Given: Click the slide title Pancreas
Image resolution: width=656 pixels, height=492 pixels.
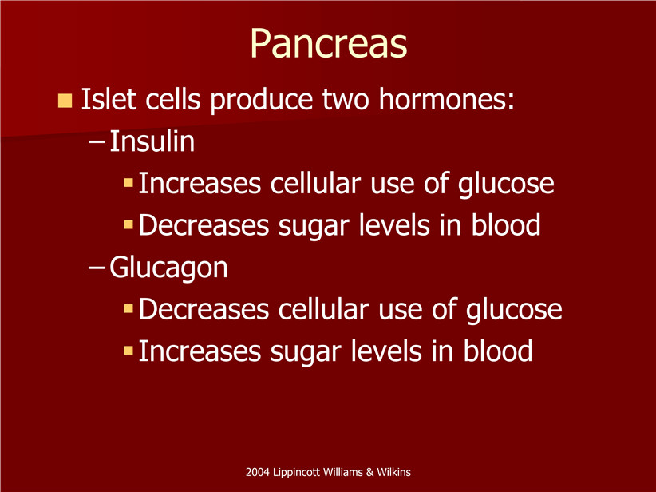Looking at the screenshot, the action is [329, 44].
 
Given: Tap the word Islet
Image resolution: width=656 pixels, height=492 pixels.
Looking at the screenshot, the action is [109, 99].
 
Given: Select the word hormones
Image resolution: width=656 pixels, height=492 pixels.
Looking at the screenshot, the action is [446, 99].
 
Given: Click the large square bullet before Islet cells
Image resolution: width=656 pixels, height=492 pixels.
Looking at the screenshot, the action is [65, 101].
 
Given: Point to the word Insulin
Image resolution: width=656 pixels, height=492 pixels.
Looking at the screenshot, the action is [152, 141].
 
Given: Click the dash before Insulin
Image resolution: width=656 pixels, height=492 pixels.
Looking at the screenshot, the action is [97, 142].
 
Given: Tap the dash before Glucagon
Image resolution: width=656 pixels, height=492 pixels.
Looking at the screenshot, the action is [97, 268].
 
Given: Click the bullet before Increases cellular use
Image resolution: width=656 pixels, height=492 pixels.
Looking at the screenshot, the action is [128, 183].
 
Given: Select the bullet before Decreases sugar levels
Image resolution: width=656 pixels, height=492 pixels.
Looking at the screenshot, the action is [128, 225].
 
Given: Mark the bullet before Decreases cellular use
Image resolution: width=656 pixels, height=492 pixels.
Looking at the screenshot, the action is [128, 308].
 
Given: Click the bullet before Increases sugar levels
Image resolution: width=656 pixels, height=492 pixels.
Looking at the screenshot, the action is [128, 351].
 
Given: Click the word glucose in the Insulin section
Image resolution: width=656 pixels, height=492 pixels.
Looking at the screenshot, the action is [506, 185].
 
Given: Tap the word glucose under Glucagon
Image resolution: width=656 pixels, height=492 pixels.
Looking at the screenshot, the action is [514, 311].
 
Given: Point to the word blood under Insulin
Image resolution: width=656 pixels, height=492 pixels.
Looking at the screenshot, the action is [506, 225].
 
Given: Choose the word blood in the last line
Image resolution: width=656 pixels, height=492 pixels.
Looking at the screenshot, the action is [498, 351].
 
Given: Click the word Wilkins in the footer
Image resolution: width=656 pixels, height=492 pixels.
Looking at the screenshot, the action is [393, 472].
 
